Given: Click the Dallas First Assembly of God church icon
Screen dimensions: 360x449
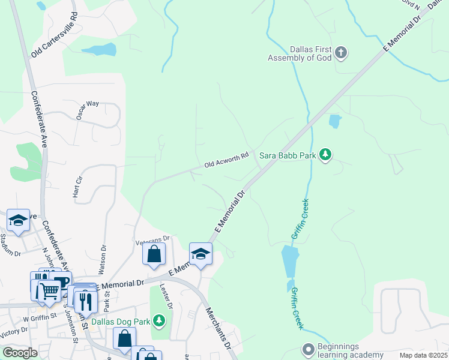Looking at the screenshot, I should tap(341, 53).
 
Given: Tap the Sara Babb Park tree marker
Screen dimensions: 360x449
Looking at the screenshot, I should tap(325, 155).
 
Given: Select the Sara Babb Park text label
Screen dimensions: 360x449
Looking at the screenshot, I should tap(288, 155).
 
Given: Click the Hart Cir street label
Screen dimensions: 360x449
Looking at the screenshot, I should tap(77, 188).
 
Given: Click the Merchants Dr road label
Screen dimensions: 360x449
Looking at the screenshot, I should tap(218, 329).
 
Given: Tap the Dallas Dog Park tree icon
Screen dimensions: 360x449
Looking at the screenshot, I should tap(158, 322).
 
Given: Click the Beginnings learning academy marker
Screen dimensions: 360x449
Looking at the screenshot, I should tap(309, 349).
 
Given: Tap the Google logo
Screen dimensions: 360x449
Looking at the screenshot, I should tap(19, 353).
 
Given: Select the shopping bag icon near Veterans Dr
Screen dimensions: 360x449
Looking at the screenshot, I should tap(154, 253).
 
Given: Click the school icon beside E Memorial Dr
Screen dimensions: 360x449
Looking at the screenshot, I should tap(200, 253).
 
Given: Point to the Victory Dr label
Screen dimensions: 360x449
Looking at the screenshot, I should tap(13, 332).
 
